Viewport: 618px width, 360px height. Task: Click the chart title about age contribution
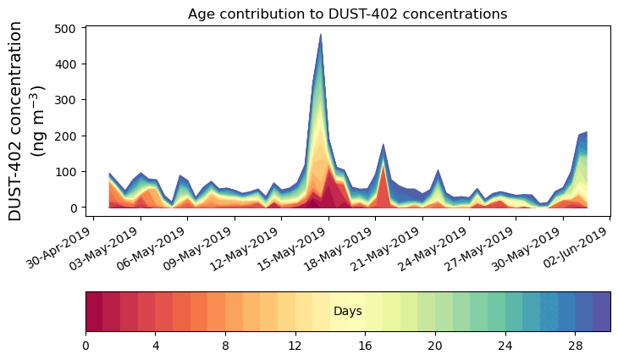(347, 14)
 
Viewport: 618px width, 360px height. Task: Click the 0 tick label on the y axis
(73, 208)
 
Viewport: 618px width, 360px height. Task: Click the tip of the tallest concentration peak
(321, 35)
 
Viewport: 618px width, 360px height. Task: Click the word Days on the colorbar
(348, 312)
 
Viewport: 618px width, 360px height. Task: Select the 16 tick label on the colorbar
(365, 346)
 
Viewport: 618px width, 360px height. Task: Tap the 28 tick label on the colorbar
(575, 346)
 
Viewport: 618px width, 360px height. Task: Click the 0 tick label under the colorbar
(86, 346)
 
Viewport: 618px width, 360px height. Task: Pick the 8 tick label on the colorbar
(225, 346)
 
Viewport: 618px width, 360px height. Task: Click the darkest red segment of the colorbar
(94, 311)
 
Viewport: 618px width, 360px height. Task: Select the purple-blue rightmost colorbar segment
(601, 311)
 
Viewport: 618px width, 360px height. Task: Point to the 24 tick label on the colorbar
(505, 346)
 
